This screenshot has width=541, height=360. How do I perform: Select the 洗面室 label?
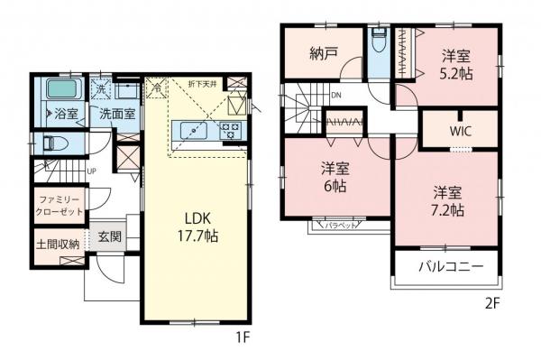117,115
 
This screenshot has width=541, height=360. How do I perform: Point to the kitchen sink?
193,131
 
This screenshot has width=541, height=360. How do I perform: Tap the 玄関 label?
110,237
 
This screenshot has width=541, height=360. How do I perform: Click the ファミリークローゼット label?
58,205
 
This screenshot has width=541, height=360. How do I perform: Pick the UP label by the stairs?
92,171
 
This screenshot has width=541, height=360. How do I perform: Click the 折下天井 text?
201,84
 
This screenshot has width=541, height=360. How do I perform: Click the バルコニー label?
446,267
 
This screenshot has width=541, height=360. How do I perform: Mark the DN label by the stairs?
335,95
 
